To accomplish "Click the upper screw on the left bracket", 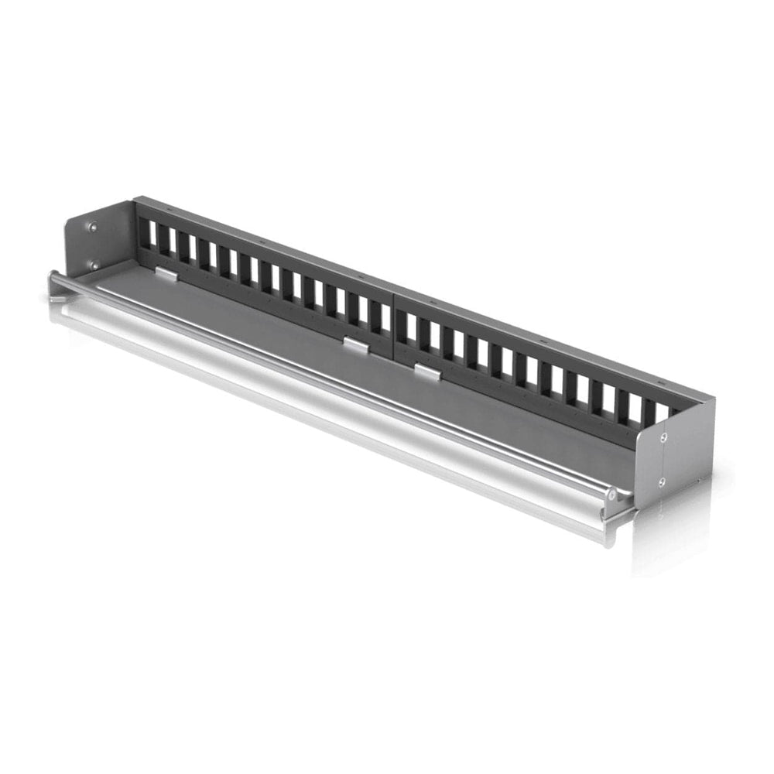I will point(93,227).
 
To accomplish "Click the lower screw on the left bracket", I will point(94,264).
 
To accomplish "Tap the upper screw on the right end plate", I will point(663,437).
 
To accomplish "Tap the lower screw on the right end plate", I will point(663,481).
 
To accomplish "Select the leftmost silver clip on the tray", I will point(166,273).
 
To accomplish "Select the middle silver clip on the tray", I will point(356,345).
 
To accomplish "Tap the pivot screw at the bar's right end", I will point(611,493).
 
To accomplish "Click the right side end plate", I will point(673,457).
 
